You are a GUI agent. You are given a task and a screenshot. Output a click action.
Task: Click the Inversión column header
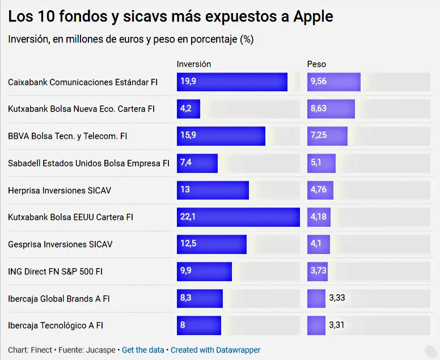pyautogui.click(x=194, y=64)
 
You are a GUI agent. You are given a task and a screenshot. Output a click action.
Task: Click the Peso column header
pyautogui.click(x=316, y=64)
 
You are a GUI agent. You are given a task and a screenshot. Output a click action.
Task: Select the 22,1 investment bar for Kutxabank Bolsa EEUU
pyautogui.click(x=238, y=217)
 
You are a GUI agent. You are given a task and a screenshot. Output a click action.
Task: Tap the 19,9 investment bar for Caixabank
pyautogui.click(x=232, y=82)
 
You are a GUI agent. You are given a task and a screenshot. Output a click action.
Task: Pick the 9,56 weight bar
pyautogui.click(x=334, y=82)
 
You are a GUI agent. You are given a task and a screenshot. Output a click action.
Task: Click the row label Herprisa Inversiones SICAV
pyautogui.click(x=60, y=190)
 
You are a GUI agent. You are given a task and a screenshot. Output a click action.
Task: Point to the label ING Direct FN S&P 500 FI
pyautogui.click(x=56, y=272)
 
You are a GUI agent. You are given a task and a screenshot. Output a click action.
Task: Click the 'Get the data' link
pyautogui.click(x=143, y=350)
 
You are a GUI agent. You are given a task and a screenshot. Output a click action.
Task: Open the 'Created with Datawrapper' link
pyautogui.click(x=215, y=350)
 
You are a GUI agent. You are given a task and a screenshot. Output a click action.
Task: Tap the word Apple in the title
pyautogui.click(x=313, y=17)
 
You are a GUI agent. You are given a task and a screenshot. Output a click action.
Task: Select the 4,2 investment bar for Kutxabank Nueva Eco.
pyautogui.click(x=188, y=109)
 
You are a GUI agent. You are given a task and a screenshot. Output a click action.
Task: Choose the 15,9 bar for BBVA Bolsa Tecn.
pyautogui.click(x=221, y=136)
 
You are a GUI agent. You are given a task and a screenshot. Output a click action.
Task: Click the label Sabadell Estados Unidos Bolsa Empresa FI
pyautogui.click(x=88, y=163)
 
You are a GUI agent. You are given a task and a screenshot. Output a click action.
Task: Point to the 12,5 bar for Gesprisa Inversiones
pyautogui.click(x=211, y=244)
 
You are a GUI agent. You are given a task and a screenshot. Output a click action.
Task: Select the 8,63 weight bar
pyautogui.click(x=331, y=109)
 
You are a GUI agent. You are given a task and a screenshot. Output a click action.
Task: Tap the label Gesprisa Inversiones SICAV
pyautogui.click(x=60, y=244)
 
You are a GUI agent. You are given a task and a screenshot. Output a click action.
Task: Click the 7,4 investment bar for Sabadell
pyautogui.click(x=197, y=163)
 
